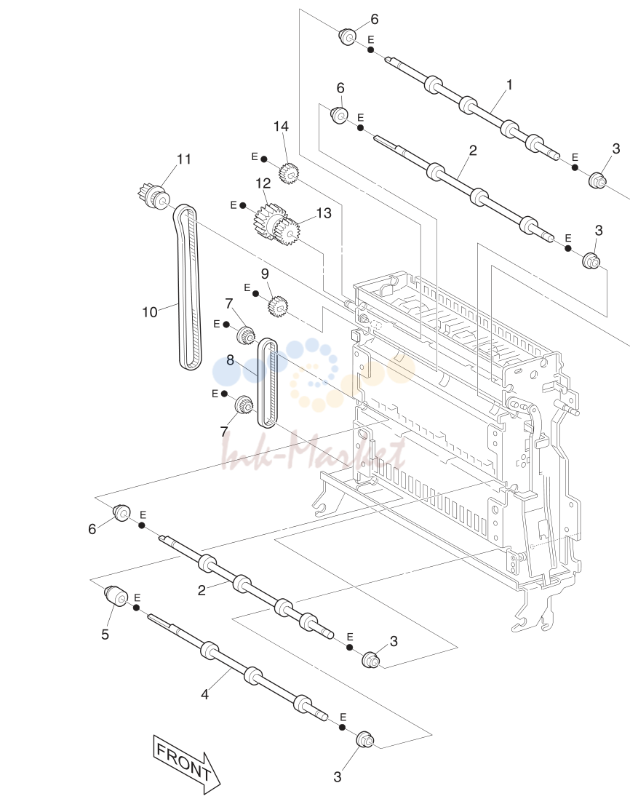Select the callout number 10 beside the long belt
pos(149,312)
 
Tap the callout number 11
pos(184,159)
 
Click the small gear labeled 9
pos(277,306)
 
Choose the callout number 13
pos(323,212)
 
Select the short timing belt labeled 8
pos(267,383)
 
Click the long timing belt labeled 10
pos(186,287)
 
